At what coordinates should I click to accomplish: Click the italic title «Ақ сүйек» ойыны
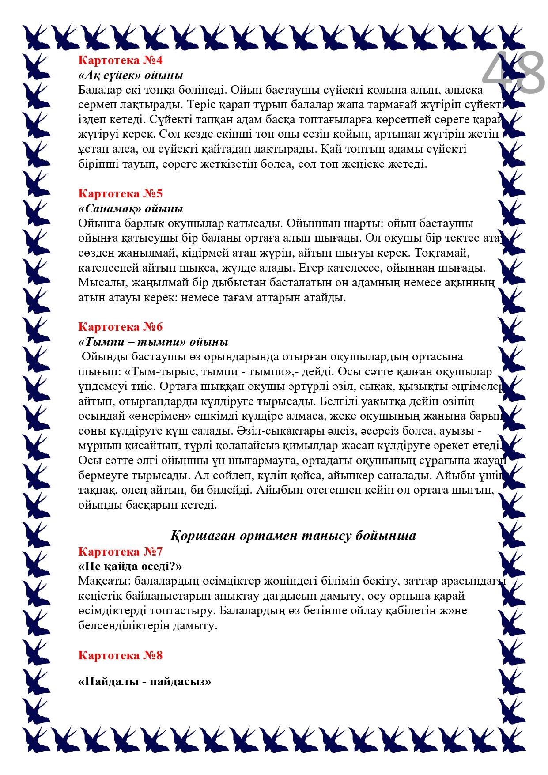click(x=131, y=75)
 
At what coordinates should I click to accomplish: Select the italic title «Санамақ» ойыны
click(x=131, y=208)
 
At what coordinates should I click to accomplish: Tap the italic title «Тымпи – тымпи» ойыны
click(x=153, y=342)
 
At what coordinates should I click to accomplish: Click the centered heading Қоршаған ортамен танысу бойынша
click(x=293, y=536)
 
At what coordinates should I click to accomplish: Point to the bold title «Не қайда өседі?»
click(x=130, y=567)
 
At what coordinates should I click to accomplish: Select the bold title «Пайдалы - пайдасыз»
click(x=145, y=682)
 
